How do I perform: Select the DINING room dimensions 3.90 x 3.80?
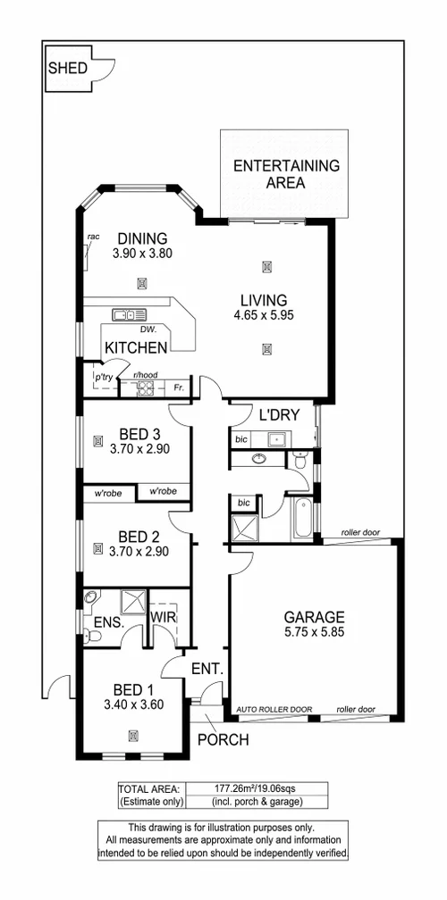[x=142, y=254]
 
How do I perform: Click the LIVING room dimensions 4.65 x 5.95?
[x=263, y=316]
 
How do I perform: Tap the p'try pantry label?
[x=105, y=378]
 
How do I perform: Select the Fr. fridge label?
[x=179, y=387]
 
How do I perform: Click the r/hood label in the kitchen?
[x=145, y=376]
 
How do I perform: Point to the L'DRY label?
[x=277, y=415]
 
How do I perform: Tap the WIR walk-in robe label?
[x=164, y=616]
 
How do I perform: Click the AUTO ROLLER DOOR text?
[x=274, y=710]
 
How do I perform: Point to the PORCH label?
[x=223, y=739]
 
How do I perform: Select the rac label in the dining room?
[x=92, y=237]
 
